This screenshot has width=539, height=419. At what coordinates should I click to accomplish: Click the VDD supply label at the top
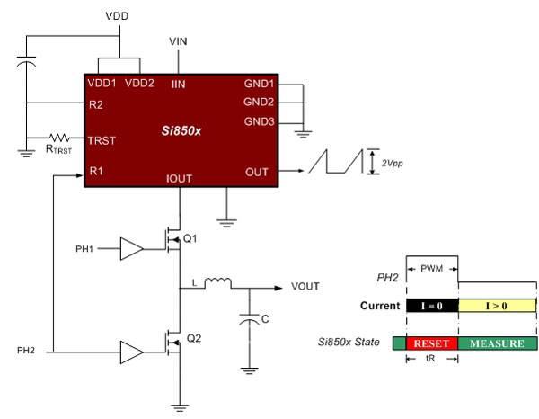tap(117, 16)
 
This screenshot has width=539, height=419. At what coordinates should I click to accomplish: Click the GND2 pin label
tap(259, 101)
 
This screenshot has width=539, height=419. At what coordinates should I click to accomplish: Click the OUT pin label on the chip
tap(256, 171)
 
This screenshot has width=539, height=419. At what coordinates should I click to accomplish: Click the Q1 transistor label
tap(189, 239)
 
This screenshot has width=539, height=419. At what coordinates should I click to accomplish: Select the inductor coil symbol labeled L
tap(217, 285)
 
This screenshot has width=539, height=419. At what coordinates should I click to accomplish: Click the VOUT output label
tap(306, 287)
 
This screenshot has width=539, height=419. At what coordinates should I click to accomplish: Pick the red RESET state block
tap(432, 343)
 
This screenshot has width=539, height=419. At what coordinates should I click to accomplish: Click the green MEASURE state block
tap(498, 343)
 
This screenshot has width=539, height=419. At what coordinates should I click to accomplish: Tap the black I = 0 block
tap(432, 306)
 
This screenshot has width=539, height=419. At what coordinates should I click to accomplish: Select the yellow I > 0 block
tap(498, 306)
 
